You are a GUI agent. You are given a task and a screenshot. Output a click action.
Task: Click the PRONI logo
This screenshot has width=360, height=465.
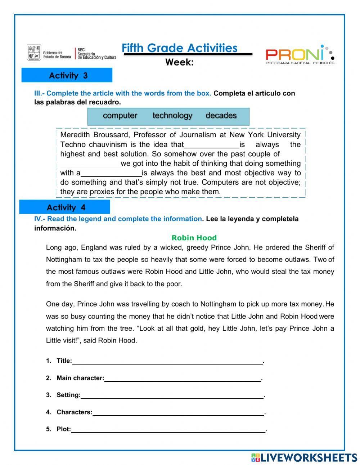(300, 55)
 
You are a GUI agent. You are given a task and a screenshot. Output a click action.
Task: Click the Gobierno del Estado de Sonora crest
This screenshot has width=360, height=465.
(34, 53)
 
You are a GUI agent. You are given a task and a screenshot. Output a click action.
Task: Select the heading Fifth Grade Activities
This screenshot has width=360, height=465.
(179, 48)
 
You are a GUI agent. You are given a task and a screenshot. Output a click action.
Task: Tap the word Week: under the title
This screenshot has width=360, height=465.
(179, 62)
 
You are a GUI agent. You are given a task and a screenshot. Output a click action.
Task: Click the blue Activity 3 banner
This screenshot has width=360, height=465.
(67, 75)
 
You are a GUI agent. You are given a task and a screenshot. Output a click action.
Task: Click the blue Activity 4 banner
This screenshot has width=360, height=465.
(65, 207)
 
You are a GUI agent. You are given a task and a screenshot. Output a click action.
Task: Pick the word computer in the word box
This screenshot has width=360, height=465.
(120, 116)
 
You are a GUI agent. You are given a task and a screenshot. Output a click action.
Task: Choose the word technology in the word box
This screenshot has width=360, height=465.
(172, 116)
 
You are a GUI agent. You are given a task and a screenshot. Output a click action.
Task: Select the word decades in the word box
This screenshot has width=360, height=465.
(221, 116)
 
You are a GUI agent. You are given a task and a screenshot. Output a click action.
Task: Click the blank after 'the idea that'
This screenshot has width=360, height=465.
(212, 145)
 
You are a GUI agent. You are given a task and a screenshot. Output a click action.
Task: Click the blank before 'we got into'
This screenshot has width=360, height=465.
(90, 164)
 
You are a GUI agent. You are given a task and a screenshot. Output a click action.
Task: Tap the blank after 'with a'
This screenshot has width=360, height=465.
(111, 173)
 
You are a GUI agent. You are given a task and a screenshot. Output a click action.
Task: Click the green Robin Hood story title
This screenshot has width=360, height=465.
(194, 238)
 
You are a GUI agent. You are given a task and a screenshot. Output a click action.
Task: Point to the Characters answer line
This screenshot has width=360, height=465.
(178, 412)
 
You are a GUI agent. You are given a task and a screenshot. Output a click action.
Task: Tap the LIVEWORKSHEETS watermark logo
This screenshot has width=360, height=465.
(304, 457)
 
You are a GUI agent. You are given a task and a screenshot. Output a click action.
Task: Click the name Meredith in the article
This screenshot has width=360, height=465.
(75, 135)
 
